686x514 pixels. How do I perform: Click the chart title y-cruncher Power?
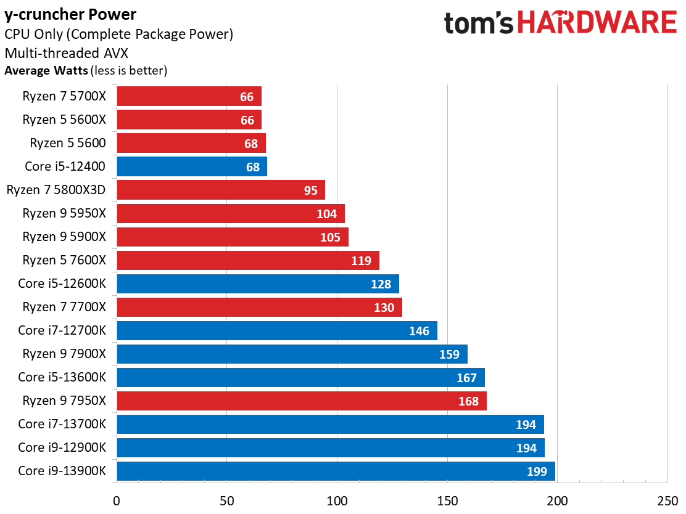pos(70,14)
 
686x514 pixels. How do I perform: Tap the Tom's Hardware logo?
pos(560,23)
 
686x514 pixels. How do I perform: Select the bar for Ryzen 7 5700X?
pos(189,96)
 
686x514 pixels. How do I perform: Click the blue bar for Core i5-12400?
pos(191,166)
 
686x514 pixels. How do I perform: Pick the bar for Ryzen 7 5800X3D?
pos(220,190)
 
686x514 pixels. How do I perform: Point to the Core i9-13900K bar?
pos(336,471)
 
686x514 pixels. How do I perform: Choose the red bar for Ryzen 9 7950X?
pos(301,401)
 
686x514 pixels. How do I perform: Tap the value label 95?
pos(310,190)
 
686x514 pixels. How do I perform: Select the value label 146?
pos(419,331)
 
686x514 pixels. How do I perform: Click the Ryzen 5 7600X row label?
pos(64,260)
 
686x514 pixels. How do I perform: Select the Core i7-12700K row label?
pos(62,330)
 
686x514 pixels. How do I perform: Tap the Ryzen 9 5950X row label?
pos(64,213)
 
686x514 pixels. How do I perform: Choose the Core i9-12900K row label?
pos(62,447)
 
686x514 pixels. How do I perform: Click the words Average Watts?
pos(46,70)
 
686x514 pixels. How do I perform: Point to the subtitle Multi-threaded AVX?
pos(67,52)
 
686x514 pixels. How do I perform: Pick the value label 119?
pos(361,261)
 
